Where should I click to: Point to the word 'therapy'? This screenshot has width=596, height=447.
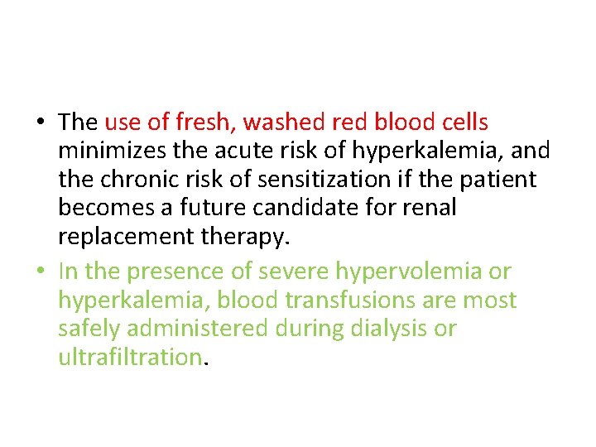pos(244,236)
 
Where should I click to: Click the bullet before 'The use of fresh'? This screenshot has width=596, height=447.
pos(40,123)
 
